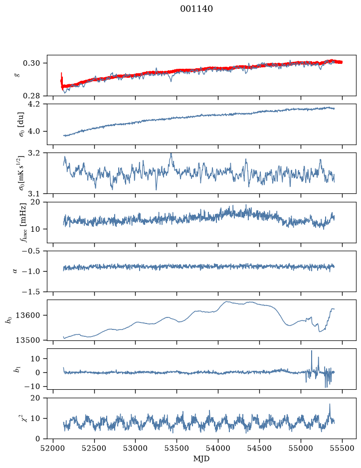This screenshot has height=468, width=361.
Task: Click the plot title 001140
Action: click(196, 9)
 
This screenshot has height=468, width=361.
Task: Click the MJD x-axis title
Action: click(201, 459)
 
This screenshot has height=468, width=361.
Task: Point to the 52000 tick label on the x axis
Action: click(53, 448)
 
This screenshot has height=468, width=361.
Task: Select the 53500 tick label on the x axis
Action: click(177, 448)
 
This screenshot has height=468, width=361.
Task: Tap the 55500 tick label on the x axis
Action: click(342, 448)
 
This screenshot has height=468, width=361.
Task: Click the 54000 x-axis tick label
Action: click(218, 448)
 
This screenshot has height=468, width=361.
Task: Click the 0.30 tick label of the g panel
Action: click(31, 63)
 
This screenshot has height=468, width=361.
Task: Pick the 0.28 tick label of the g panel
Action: click(31, 96)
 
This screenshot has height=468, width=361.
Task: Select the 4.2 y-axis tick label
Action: click(34, 104)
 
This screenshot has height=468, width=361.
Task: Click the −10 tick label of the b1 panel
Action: click(32, 387)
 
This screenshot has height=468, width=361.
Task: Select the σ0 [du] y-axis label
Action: click(21, 125)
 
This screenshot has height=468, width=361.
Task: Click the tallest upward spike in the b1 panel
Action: click(312, 351)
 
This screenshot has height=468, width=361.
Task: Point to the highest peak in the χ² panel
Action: click(330, 404)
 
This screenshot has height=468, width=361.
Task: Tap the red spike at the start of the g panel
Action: click(61, 78)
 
